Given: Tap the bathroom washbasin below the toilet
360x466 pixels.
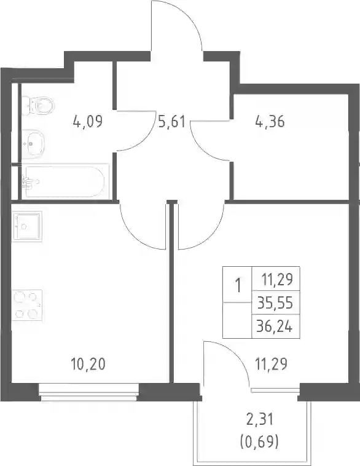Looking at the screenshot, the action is pyautogui.click(x=33, y=144).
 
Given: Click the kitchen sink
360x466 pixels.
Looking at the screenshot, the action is pyautogui.click(x=27, y=226).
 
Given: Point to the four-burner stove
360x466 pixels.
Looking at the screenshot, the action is pyautogui.click(x=27, y=305).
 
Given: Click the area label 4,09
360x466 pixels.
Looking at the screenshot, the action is pyautogui.click(x=88, y=122).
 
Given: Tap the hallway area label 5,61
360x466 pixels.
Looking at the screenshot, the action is pyautogui.click(x=171, y=122).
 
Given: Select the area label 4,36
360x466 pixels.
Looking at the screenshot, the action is pyautogui.click(x=270, y=122).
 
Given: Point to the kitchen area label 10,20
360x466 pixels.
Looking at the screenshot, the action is pyautogui.click(x=88, y=364).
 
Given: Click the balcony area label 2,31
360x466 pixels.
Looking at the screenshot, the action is pyautogui.click(x=260, y=420).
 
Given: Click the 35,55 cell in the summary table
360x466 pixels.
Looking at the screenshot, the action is pyautogui.click(x=275, y=304).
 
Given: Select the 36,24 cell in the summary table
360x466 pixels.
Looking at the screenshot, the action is pyautogui.click(x=275, y=326).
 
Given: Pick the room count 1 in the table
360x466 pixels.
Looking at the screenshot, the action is pyautogui.click(x=238, y=286).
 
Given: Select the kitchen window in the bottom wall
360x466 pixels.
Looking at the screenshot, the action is pyautogui.click(x=89, y=393).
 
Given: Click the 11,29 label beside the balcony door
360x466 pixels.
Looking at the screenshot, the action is pyautogui.click(x=272, y=364).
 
